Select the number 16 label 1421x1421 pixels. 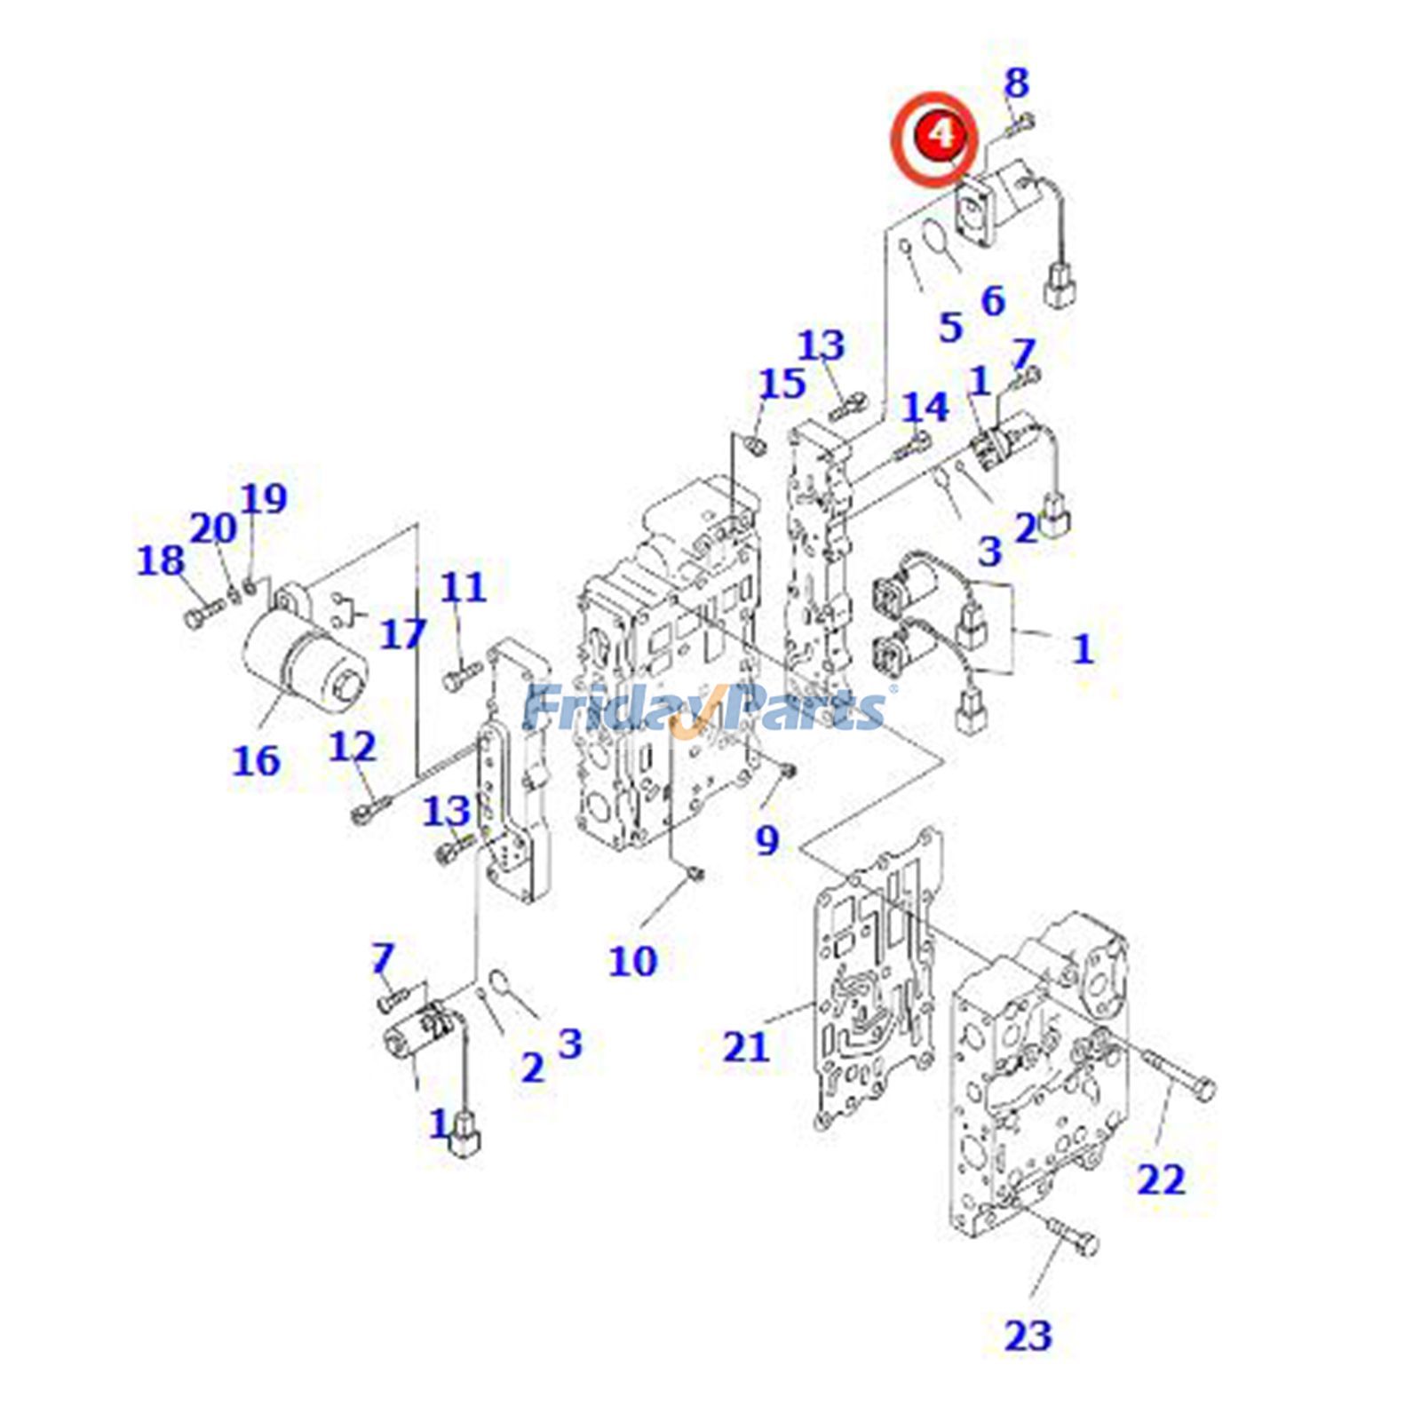click(256, 760)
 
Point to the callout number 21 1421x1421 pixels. click(745, 1047)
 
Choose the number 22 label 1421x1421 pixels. click(1161, 1180)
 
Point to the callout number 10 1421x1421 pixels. click(632, 961)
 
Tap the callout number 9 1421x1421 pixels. click(766, 839)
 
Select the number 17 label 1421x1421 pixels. click(403, 634)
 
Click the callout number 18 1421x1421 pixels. click(161, 560)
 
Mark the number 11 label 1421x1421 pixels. click(464, 587)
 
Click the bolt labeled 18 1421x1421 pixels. click(203, 615)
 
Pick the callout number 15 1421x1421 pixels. click(782, 384)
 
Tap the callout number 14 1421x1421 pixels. click(925, 407)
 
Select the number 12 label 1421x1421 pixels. click(353, 747)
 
